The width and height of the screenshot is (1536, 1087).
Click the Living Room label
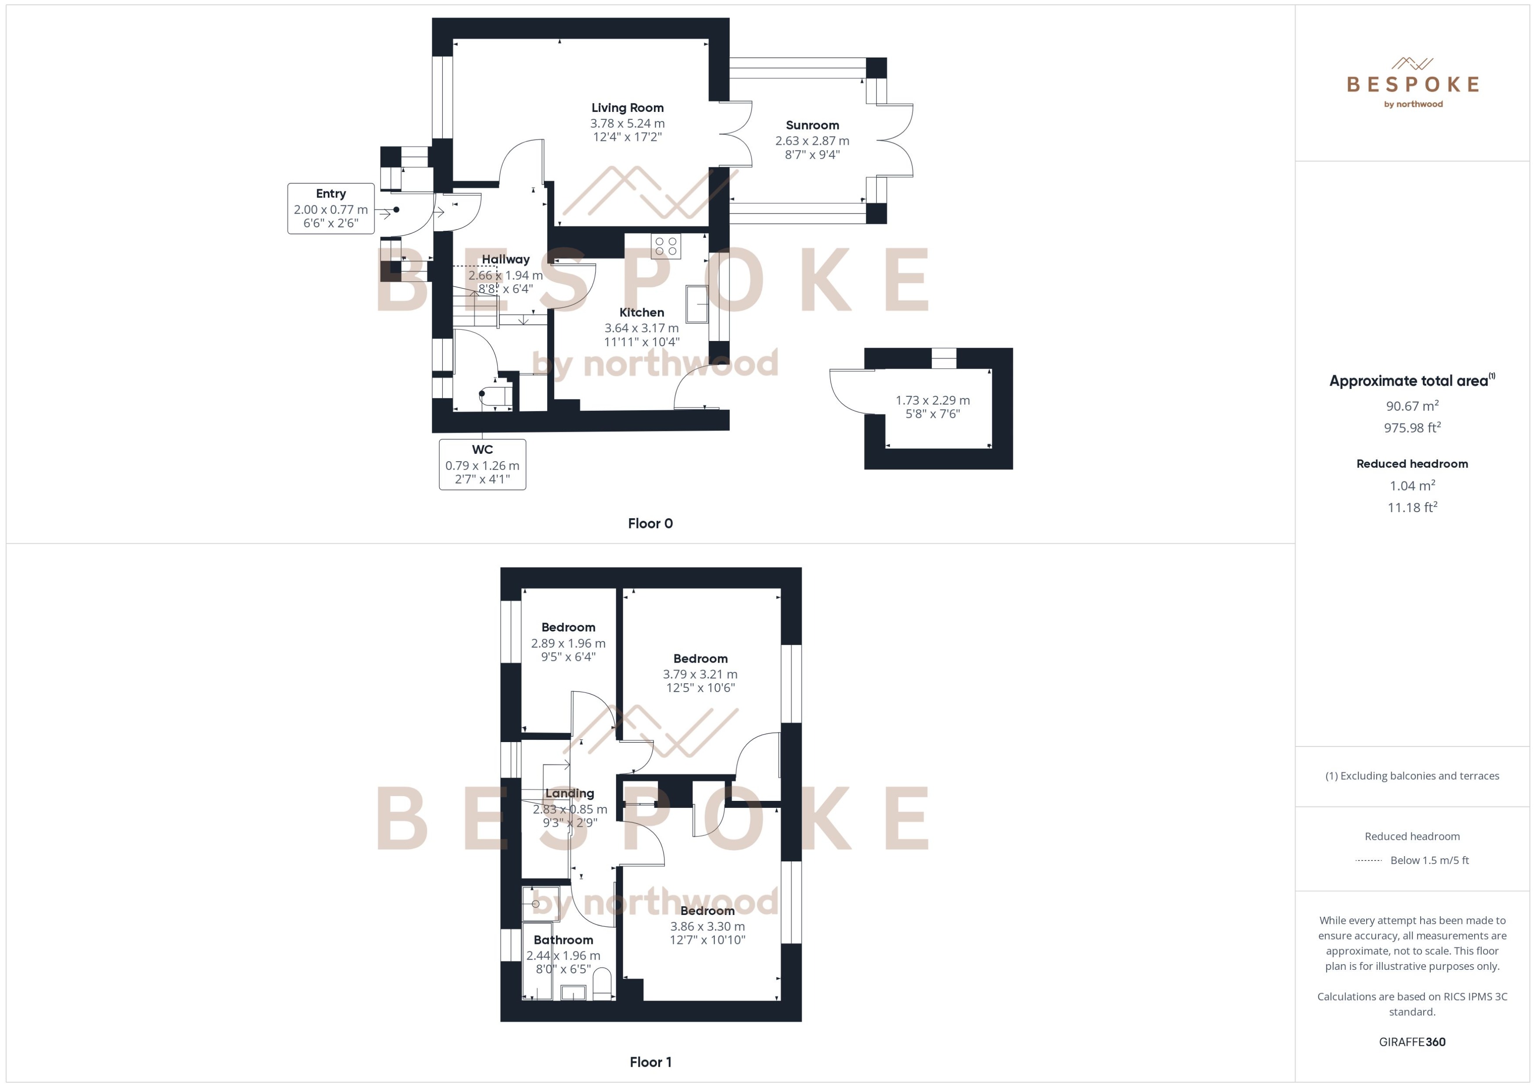click(x=627, y=108)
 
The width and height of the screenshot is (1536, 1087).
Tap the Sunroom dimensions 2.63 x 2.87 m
click(x=812, y=140)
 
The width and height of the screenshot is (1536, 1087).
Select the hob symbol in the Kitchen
click(x=665, y=246)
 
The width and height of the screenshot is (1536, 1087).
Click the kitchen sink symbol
click(x=697, y=304)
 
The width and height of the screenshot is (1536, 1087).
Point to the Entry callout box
click(x=330, y=208)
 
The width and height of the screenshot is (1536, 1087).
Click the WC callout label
click(x=482, y=450)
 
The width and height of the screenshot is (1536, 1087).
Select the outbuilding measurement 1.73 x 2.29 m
click(x=932, y=400)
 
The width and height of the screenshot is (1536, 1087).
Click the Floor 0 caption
click(x=650, y=524)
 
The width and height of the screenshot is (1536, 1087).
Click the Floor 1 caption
click(x=650, y=1062)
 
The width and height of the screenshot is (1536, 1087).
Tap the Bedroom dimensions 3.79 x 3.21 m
click(x=700, y=674)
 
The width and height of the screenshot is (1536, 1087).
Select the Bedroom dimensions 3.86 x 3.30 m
click(x=707, y=926)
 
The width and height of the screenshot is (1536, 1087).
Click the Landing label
click(x=569, y=793)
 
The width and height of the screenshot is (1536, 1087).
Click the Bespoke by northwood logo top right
click(x=1412, y=84)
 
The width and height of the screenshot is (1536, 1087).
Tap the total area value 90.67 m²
click(x=1412, y=405)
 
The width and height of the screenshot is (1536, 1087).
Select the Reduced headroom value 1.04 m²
click(x=1412, y=486)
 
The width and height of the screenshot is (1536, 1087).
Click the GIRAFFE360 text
click(x=1412, y=1041)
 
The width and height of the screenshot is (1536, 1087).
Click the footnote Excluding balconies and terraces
click(x=1412, y=776)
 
